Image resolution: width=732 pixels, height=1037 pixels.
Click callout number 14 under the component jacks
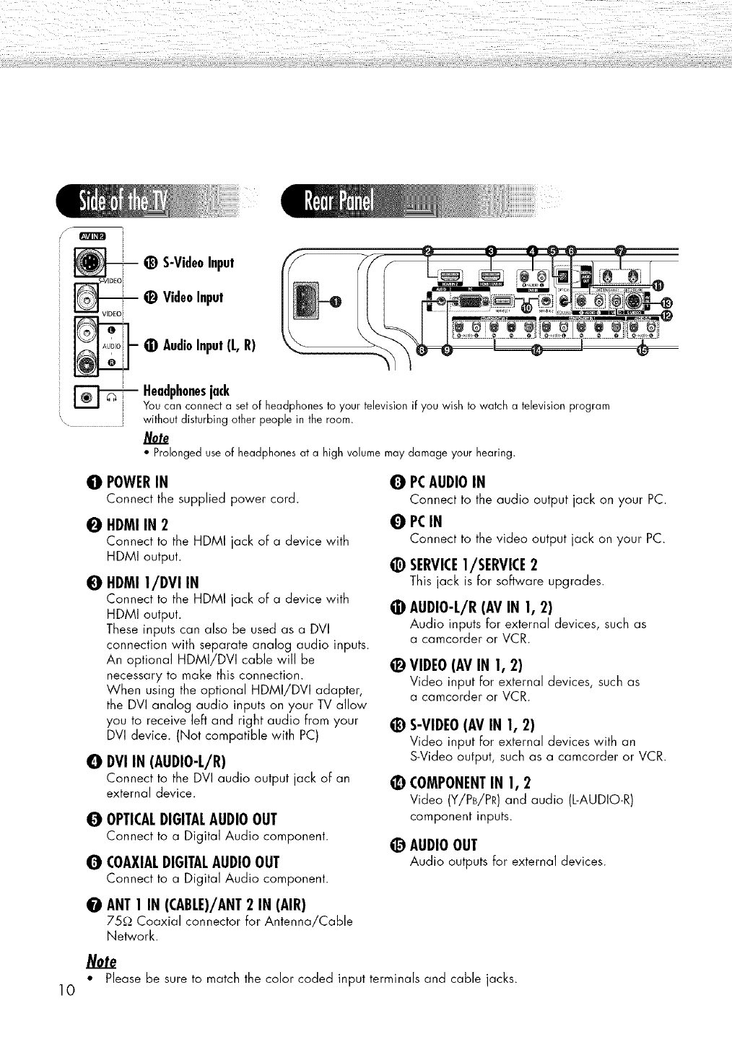click(x=535, y=350)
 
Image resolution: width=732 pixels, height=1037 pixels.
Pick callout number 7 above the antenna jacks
click(x=620, y=251)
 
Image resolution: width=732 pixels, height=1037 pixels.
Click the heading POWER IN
click(x=141, y=482)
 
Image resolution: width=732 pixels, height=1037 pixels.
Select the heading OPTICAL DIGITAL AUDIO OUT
click(x=191, y=819)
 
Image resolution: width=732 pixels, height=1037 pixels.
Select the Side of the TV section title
click(x=123, y=204)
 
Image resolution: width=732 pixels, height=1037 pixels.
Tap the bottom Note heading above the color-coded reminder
click(x=100, y=962)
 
